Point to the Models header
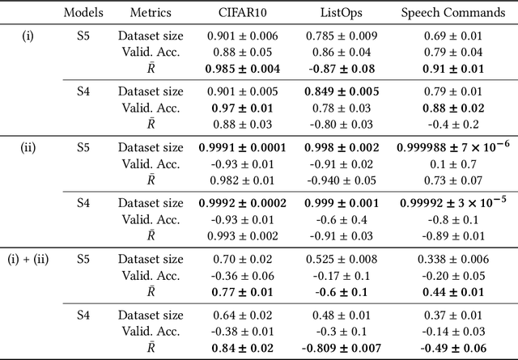(x=82, y=14)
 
